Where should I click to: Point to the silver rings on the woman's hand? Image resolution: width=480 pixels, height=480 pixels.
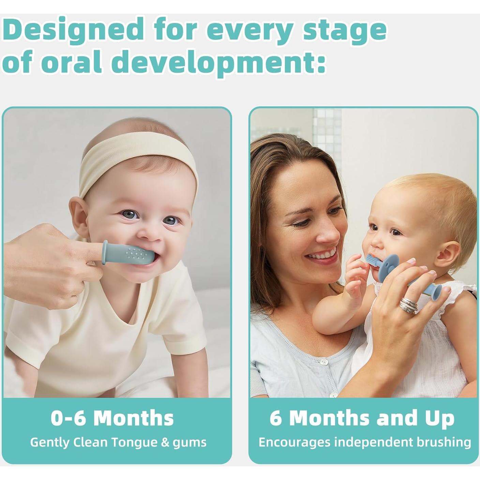click(409, 305)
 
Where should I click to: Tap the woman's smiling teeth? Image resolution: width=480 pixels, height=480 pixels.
click(321, 255)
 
